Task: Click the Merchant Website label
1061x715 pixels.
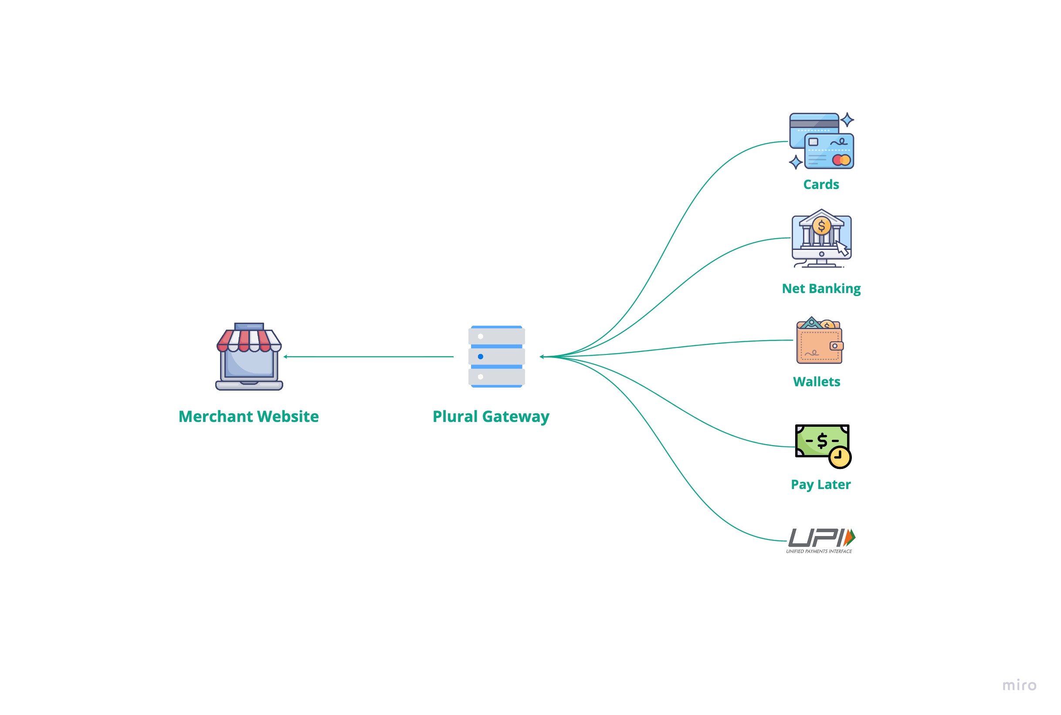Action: pyautogui.click(x=249, y=416)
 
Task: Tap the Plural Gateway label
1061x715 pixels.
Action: pyautogui.click(x=491, y=416)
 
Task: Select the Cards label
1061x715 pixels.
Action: pyautogui.click(x=820, y=184)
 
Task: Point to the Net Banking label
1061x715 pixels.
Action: pyautogui.click(x=820, y=289)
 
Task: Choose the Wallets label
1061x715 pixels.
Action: pyautogui.click(x=816, y=382)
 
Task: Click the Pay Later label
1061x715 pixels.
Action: pyautogui.click(x=820, y=484)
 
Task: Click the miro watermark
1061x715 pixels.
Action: pyautogui.click(x=1019, y=685)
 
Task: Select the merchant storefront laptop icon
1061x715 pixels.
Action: pyautogui.click(x=249, y=357)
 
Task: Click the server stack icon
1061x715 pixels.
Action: pyautogui.click(x=496, y=357)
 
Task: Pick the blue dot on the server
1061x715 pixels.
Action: pyautogui.click(x=480, y=357)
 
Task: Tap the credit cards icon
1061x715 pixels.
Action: pyautogui.click(x=821, y=141)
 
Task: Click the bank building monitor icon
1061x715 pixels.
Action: pyautogui.click(x=821, y=239)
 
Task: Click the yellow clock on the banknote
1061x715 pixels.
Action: pyautogui.click(x=839, y=457)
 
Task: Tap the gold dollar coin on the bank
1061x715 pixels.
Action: pyautogui.click(x=821, y=226)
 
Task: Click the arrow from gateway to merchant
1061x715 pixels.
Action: pyautogui.click(x=369, y=357)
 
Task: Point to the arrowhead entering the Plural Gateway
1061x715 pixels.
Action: pyautogui.click(x=542, y=357)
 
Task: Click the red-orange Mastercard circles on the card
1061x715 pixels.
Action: pyautogui.click(x=841, y=160)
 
